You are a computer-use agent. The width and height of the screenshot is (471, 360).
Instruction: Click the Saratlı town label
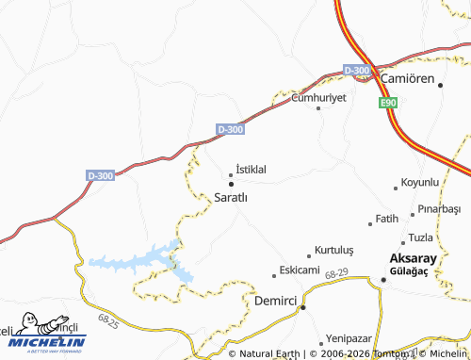(x=231, y=198)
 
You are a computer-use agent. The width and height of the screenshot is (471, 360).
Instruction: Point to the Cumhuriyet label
(x=319, y=97)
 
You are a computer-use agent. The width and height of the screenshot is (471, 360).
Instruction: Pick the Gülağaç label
(x=408, y=272)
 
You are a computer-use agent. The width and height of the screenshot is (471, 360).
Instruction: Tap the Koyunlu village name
(x=420, y=181)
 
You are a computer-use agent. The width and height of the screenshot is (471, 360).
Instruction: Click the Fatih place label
(x=387, y=219)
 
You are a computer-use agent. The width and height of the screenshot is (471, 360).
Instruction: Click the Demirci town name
(x=276, y=302)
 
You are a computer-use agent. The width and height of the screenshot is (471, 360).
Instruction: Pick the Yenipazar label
(x=350, y=337)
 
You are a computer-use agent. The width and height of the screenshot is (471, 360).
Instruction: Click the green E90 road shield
(x=389, y=103)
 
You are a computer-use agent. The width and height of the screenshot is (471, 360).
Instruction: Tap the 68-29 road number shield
(x=336, y=272)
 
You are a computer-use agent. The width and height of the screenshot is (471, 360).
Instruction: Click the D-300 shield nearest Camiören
(x=357, y=71)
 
